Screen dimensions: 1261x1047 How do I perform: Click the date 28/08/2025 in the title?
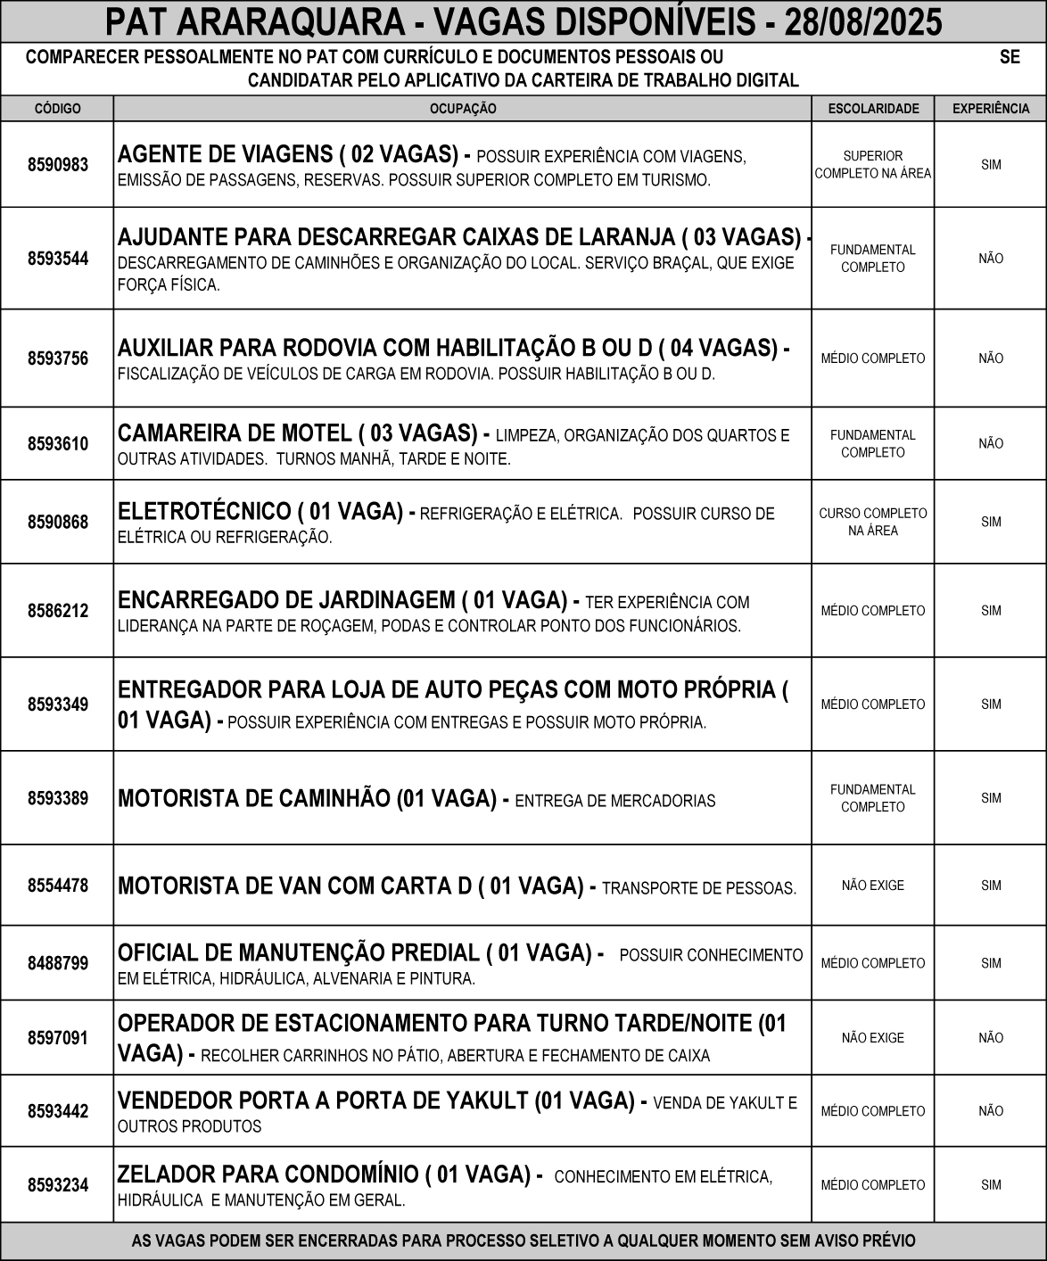(x=862, y=21)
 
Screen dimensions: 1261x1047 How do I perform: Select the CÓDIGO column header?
(x=57, y=109)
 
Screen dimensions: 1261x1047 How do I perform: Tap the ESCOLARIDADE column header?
(x=873, y=109)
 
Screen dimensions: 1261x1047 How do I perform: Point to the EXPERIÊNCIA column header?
(x=991, y=109)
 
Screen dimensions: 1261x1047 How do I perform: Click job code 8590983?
(x=57, y=165)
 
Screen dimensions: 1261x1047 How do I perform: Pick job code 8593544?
(x=57, y=260)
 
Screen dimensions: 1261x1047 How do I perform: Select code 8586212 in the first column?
(x=57, y=611)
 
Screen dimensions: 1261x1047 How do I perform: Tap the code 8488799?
(x=57, y=963)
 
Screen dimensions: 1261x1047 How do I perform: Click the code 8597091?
(x=57, y=1038)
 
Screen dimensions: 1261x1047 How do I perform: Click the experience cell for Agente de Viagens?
(x=991, y=165)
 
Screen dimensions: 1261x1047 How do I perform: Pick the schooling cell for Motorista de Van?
(x=873, y=886)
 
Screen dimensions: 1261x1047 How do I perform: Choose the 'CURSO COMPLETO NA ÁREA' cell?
(x=873, y=522)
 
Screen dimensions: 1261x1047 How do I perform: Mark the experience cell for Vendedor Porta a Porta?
(x=991, y=1111)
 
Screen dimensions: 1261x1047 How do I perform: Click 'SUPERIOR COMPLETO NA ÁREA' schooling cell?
(x=873, y=165)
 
